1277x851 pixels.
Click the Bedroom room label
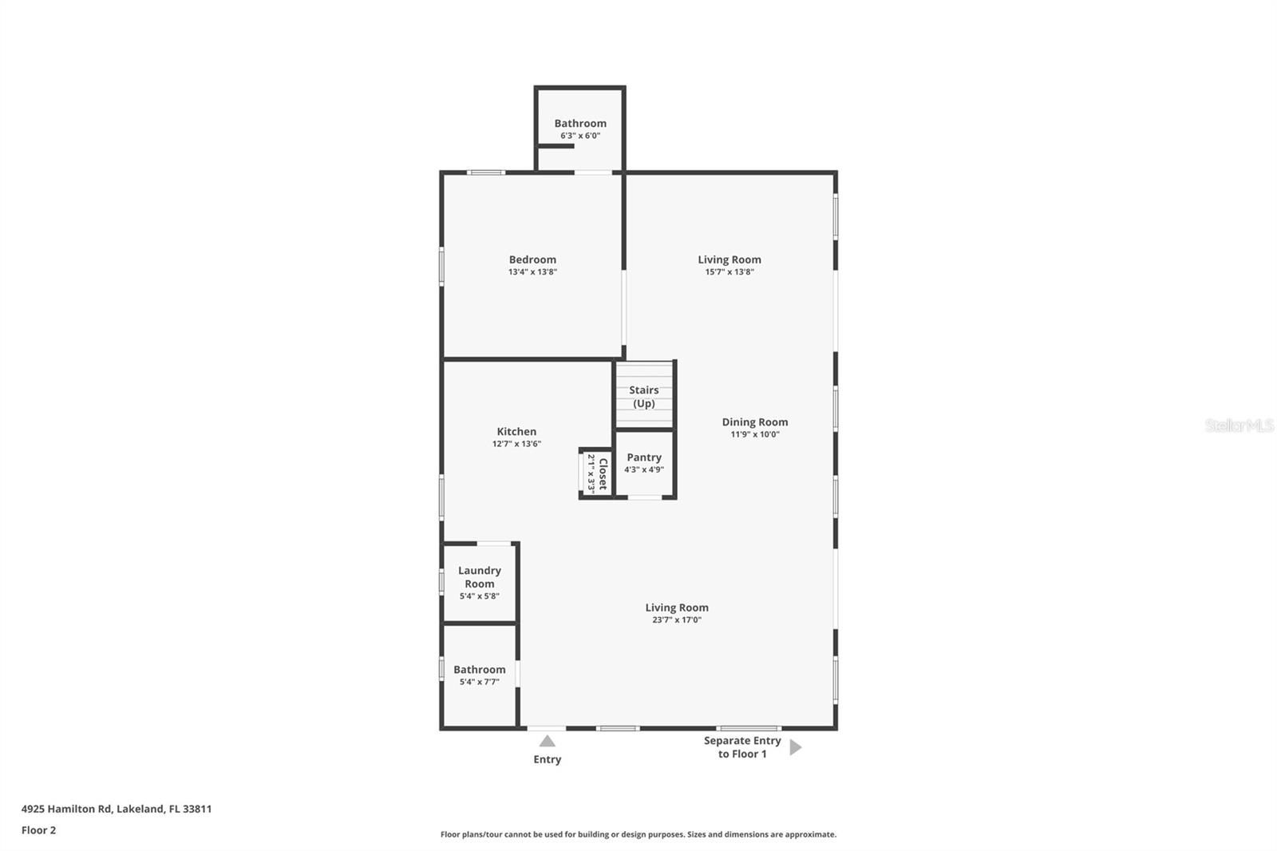(x=532, y=259)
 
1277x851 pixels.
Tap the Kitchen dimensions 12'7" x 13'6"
(x=516, y=444)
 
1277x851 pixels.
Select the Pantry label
(x=643, y=457)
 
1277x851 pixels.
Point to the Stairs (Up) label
(x=643, y=397)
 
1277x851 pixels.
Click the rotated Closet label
(x=603, y=474)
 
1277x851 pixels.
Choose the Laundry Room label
(x=480, y=577)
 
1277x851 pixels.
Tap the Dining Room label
(x=754, y=422)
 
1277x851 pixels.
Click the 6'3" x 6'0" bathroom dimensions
(x=580, y=136)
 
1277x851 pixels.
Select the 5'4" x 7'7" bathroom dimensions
(x=480, y=682)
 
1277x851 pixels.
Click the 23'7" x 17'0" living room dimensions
(x=676, y=619)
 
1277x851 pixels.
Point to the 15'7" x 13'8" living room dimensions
(x=729, y=271)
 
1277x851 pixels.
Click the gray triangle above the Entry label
(x=547, y=742)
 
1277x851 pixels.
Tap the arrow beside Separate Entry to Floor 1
(x=795, y=747)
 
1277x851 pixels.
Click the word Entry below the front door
(x=547, y=759)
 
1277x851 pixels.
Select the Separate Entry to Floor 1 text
(x=741, y=747)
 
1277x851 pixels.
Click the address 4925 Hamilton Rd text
(x=117, y=809)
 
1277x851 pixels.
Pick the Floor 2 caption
(x=38, y=830)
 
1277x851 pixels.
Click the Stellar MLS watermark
(x=1239, y=425)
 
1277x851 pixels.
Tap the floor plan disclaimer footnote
(x=638, y=834)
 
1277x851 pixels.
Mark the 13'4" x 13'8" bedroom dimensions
(x=532, y=271)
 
